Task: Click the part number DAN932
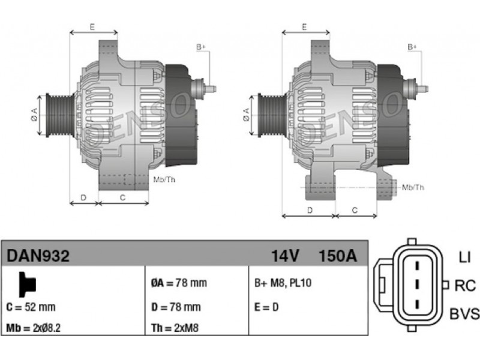coord(38,256)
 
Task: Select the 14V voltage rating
coord(285,256)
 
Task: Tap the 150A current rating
coord(338,256)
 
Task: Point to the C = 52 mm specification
coord(31,307)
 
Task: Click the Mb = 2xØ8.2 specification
coord(34,328)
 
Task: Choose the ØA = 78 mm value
coord(179,283)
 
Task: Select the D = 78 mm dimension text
coord(176,307)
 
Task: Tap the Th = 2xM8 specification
coord(175,328)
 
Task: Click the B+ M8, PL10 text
coord(283,283)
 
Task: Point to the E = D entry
coord(266,307)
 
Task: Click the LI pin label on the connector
coord(464,257)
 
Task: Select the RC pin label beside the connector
coord(465,286)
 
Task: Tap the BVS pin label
coord(464,314)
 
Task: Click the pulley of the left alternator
coord(59,115)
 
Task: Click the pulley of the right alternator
coord(272,115)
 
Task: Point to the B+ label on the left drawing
coord(201,47)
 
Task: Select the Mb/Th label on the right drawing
coord(413,187)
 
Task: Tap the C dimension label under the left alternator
coord(122,198)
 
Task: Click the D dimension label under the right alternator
coord(310,211)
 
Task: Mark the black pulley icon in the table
coord(27,284)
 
